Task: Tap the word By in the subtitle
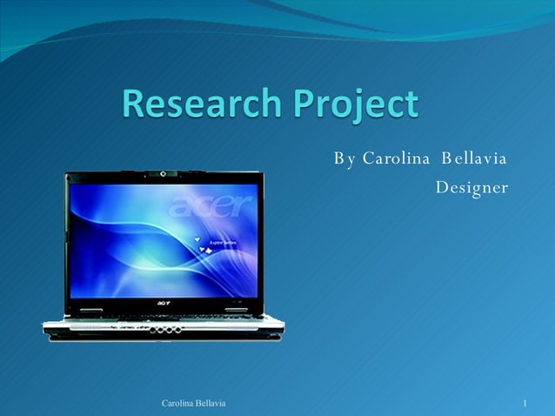(344, 159)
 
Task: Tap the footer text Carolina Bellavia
(194, 403)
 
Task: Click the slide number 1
(526, 403)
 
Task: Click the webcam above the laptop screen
(162, 174)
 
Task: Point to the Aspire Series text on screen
(220, 244)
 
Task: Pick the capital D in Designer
(442, 187)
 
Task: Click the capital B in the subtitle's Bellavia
(447, 159)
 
